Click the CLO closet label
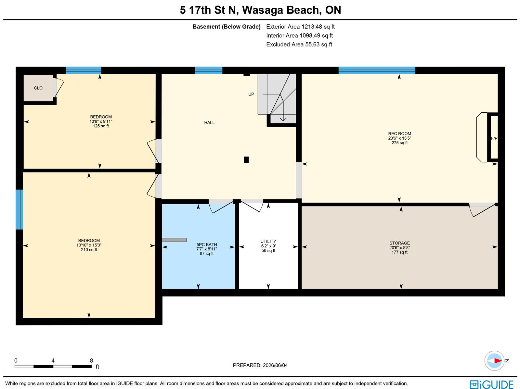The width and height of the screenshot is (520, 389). click(38, 88)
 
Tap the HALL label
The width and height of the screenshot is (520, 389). click(209, 122)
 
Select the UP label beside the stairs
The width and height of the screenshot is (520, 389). click(251, 94)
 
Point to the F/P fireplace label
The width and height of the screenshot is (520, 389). click(494, 138)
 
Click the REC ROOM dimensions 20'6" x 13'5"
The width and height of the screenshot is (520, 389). click(399, 138)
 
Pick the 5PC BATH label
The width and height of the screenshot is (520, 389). click(207, 245)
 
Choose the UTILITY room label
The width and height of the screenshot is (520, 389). click(268, 241)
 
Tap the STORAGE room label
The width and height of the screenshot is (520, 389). click(399, 243)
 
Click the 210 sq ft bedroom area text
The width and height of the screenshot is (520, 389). click(89, 250)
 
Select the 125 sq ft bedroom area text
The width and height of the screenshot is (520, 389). click(101, 126)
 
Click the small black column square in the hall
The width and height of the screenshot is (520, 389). click(246, 160)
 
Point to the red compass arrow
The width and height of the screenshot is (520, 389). click(498, 361)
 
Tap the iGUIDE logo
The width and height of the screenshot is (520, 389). click(491, 384)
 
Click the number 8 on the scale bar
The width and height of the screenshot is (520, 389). click(91, 361)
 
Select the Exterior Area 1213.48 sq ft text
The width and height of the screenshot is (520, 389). click(300, 27)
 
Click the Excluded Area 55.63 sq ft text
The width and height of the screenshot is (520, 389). click(299, 44)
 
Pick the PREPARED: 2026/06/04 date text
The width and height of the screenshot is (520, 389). click(260, 365)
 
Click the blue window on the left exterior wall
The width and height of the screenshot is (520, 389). click(19, 209)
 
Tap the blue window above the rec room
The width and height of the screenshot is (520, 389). click(377, 70)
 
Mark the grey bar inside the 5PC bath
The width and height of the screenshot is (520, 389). click(174, 240)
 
